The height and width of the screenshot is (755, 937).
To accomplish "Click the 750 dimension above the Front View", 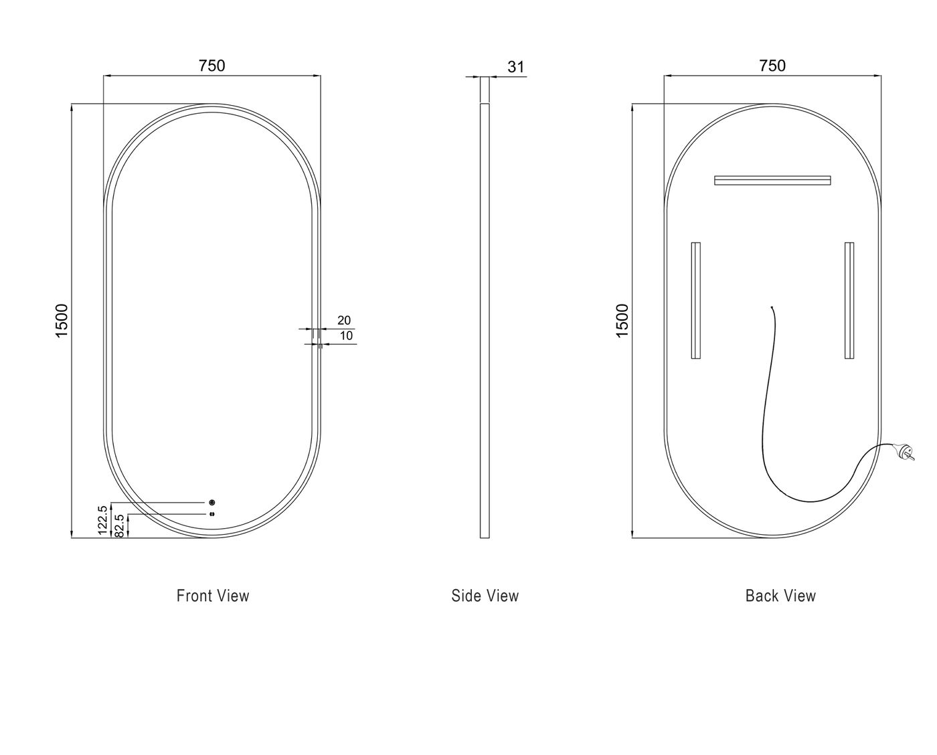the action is pyautogui.click(x=212, y=66).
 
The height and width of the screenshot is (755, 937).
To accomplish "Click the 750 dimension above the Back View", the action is pyautogui.click(x=772, y=66).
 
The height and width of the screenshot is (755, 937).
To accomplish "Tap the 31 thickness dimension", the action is pyautogui.click(x=515, y=67).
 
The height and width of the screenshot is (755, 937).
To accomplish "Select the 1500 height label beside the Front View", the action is pyautogui.click(x=62, y=321).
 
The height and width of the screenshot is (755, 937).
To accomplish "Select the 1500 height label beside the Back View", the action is pyautogui.click(x=622, y=321).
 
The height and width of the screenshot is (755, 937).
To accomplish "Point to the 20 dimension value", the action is pyautogui.click(x=344, y=321).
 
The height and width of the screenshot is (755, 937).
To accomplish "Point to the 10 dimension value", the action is pyautogui.click(x=346, y=336).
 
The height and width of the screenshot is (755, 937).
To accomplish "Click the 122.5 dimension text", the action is pyautogui.click(x=103, y=520).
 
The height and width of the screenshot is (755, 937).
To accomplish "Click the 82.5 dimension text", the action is pyautogui.click(x=119, y=525).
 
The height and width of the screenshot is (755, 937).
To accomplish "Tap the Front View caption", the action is pyautogui.click(x=213, y=596).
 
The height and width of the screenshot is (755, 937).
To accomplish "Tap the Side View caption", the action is pyautogui.click(x=485, y=596).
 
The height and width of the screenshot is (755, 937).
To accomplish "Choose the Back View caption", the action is pyautogui.click(x=780, y=596).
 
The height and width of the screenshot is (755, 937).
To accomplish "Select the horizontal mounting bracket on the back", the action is pyautogui.click(x=772, y=180).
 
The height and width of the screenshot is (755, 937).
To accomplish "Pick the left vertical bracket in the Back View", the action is pyautogui.click(x=696, y=301).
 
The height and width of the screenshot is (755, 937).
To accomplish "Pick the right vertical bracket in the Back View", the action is pyautogui.click(x=849, y=301).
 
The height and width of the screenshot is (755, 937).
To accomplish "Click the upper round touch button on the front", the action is pyautogui.click(x=212, y=503).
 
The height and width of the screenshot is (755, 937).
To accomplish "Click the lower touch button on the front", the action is pyautogui.click(x=212, y=514).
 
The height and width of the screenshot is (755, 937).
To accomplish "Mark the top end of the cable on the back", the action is pyautogui.click(x=772, y=307).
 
